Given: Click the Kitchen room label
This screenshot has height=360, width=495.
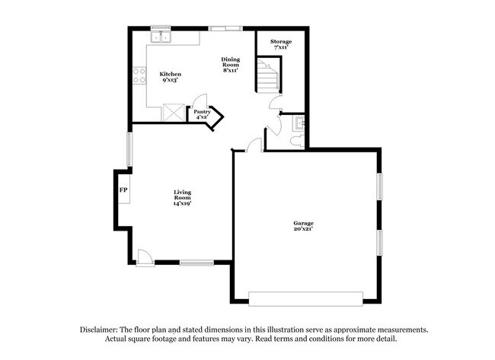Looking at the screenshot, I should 170,74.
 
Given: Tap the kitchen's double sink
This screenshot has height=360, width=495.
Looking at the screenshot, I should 161,37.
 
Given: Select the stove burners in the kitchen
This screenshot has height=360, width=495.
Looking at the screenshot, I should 140,75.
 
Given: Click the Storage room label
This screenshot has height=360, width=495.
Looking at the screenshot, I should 281,41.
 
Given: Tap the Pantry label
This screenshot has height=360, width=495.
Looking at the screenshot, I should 202,111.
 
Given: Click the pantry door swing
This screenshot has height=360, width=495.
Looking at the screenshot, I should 200,100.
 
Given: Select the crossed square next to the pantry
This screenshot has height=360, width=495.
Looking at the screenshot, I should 174,113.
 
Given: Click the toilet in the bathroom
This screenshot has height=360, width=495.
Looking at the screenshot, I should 298,140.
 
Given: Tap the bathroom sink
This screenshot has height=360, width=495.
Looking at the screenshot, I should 300,122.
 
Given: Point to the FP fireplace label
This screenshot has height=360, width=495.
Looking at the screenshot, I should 123,190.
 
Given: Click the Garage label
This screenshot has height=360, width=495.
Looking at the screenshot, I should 303,222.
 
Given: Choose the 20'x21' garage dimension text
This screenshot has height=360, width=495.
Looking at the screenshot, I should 303,228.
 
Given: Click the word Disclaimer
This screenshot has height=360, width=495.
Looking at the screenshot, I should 102,330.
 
